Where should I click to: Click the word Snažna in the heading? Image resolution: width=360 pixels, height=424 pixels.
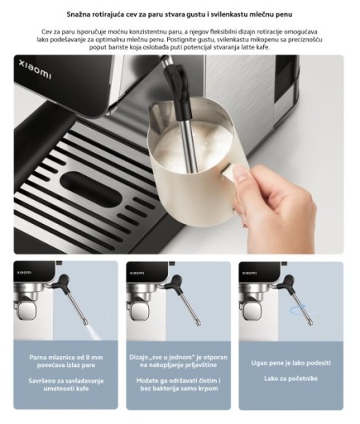[x=78, y=14]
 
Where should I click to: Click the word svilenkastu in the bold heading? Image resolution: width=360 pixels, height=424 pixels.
[x=232, y=14]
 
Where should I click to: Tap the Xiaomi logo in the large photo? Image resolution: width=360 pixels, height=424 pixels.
[x=35, y=70]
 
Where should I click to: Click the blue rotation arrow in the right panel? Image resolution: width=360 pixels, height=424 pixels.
[x=304, y=310]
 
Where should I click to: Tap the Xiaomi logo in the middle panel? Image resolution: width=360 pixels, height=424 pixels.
[x=137, y=273]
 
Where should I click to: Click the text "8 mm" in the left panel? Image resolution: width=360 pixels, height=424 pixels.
[x=94, y=358]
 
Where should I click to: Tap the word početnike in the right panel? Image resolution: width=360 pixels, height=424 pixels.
[x=303, y=378]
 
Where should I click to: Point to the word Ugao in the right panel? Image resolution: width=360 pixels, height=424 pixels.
[x=258, y=363]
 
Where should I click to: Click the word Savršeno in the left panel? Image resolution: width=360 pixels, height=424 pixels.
[x=42, y=381]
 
